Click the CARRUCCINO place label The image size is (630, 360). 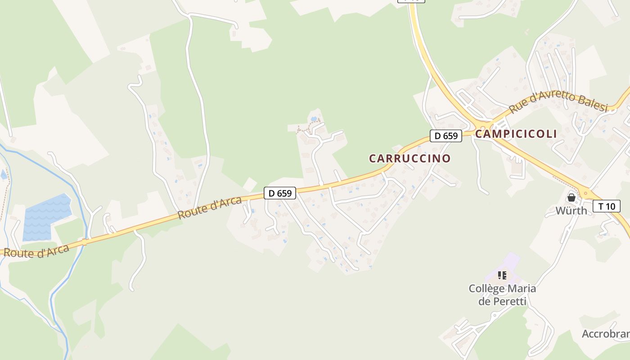(409, 158)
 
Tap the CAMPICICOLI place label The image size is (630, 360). (516, 134)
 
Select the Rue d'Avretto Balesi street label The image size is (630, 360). (558, 102)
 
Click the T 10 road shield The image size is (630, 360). (607, 206)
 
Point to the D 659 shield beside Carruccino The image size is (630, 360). (446, 135)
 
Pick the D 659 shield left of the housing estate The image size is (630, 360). (280, 193)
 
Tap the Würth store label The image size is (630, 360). (571, 211)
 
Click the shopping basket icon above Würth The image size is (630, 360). (571, 197)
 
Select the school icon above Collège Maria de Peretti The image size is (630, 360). (502, 275)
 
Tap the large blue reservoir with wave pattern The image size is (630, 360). (47, 217)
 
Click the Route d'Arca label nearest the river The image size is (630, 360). (36, 251)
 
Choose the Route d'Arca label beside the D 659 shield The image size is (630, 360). (210, 208)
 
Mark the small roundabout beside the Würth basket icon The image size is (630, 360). (585, 193)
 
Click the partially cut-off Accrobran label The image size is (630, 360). (606, 334)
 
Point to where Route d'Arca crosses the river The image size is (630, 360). (84, 242)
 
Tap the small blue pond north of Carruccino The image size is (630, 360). (314, 119)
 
